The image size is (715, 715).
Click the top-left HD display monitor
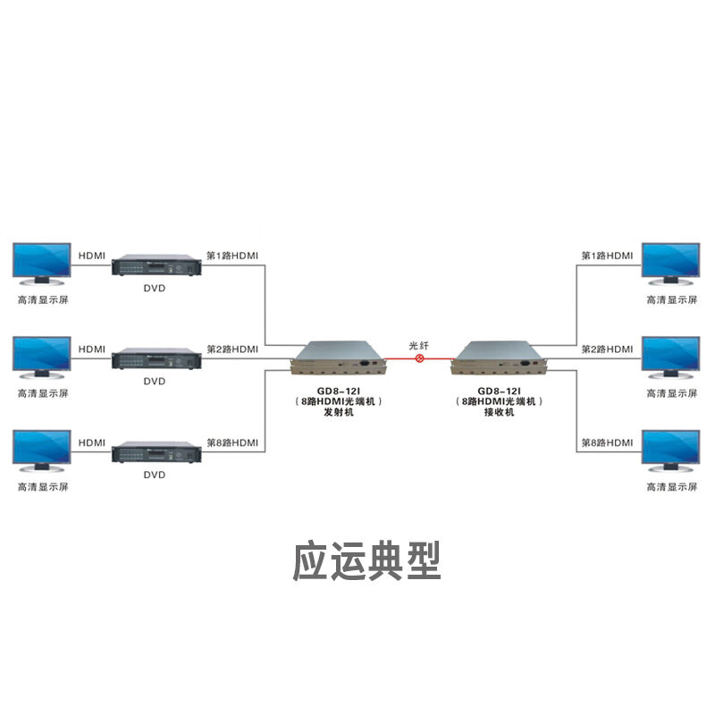coord(41,264)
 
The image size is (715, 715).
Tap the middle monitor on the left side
coord(41,357)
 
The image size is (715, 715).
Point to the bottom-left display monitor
coord(41,451)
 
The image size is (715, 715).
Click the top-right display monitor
coord(670,264)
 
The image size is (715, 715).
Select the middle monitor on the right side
coord(670,357)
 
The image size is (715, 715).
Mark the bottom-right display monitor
coord(670,451)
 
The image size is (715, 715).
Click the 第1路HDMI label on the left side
coord(232,256)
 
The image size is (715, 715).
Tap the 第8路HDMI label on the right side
coord(607,442)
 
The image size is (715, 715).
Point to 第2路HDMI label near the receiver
coord(607,349)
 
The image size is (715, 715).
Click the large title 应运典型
coord(367,560)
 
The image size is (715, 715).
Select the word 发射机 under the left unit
coord(339,413)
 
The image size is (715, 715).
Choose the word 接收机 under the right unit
coord(499,413)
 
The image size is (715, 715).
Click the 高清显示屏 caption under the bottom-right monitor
coord(670,487)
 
